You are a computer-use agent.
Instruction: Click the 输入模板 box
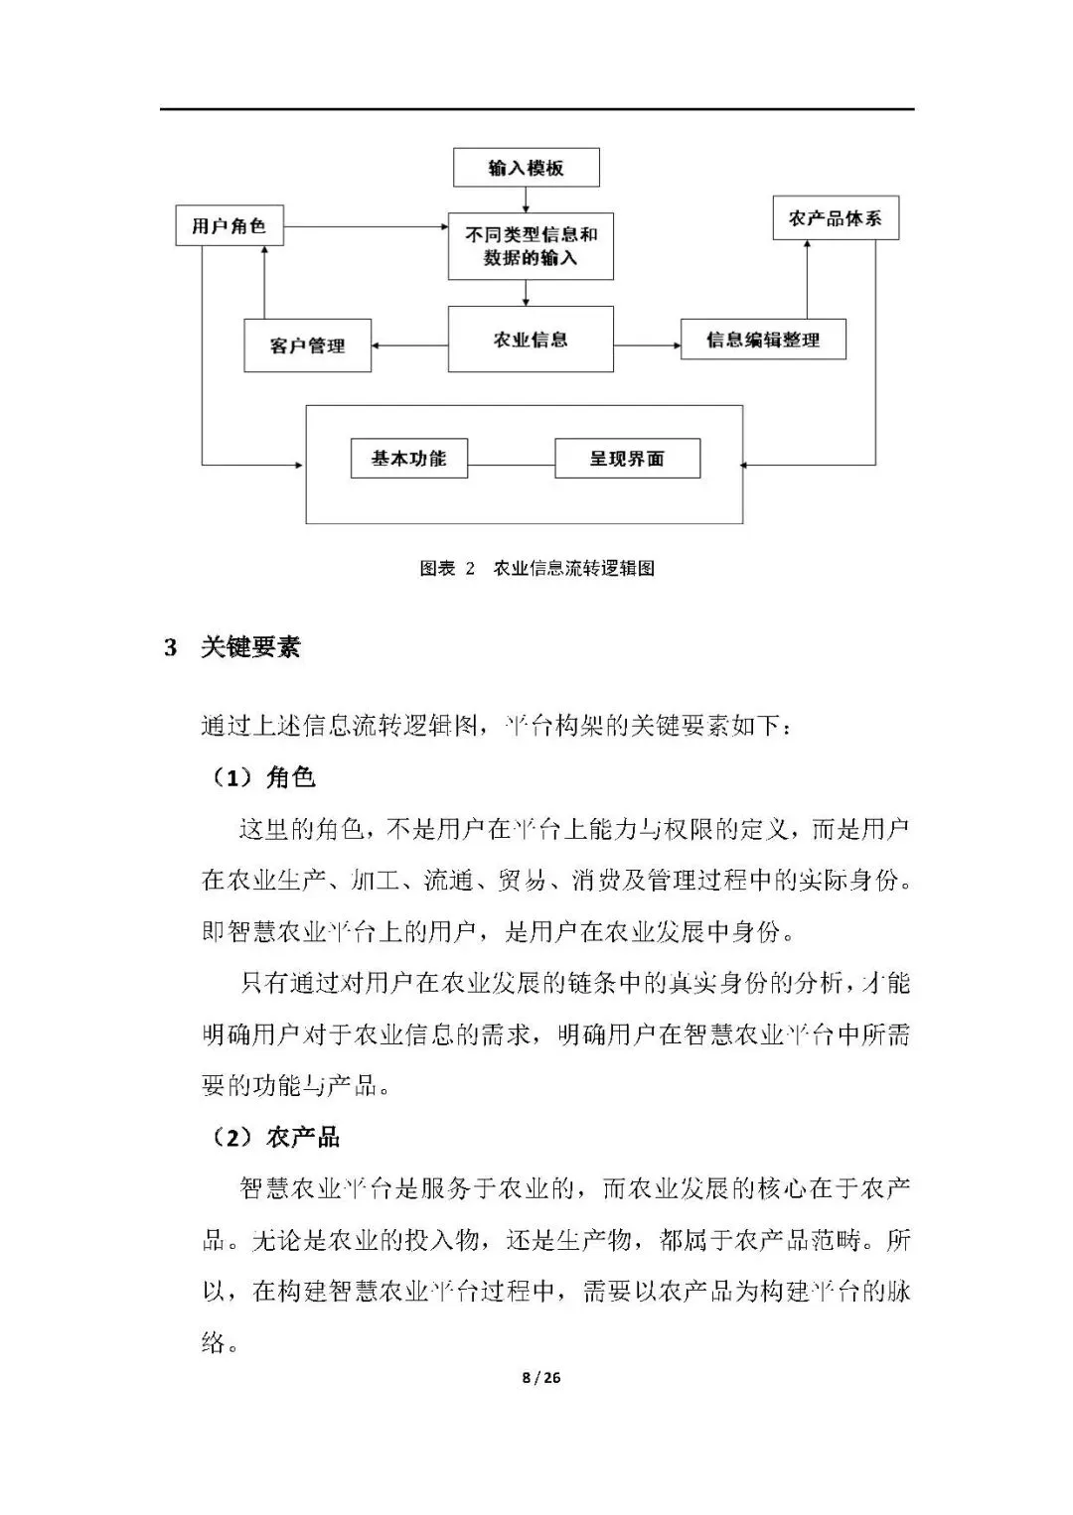(x=527, y=168)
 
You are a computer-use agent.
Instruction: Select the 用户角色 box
(x=229, y=226)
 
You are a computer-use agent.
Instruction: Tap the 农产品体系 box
(x=836, y=218)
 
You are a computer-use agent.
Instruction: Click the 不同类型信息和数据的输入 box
(x=531, y=246)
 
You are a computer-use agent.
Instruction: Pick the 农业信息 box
(x=531, y=340)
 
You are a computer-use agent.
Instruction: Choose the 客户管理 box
(x=307, y=345)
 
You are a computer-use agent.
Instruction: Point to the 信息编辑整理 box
(x=763, y=340)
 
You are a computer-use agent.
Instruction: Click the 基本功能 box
(x=408, y=459)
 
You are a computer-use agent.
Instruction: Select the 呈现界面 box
(x=627, y=459)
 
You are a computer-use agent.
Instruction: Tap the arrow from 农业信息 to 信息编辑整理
(x=647, y=345)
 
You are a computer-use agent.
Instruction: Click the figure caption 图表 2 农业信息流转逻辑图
(x=536, y=569)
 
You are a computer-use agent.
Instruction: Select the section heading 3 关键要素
(x=231, y=647)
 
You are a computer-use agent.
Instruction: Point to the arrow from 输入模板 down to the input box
(x=526, y=200)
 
